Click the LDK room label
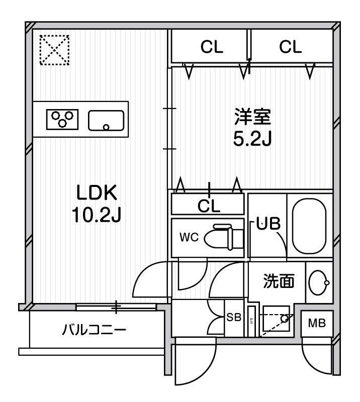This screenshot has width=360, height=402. [x=97, y=192]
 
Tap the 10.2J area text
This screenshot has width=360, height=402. [x=96, y=215]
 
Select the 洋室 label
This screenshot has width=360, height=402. [x=252, y=117]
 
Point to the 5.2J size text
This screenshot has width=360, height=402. [x=252, y=139]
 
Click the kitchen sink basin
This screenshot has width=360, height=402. [x=106, y=121]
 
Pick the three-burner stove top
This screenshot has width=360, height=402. [x=62, y=119]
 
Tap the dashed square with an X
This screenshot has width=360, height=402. [x=55, y=50]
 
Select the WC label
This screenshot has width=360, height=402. [x=189, y=237]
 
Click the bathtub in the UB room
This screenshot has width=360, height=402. [x=309, y=226]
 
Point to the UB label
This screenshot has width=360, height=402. [x=268, y=224]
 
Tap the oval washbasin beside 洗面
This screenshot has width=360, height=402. [x=319, y=282]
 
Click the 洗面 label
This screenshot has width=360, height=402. [x=279, y=281]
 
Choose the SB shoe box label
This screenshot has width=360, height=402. [x=234, y=318]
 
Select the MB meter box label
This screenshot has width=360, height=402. [x=317, y=323]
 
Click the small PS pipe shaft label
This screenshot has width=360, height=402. [x=251, y=321]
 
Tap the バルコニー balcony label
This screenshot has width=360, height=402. [x=94, y=330]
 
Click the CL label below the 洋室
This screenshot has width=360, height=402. [x=209, y=206]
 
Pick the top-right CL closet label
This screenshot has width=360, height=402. [x=291, y=47]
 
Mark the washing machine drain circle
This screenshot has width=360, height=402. [x=285, y=319]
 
